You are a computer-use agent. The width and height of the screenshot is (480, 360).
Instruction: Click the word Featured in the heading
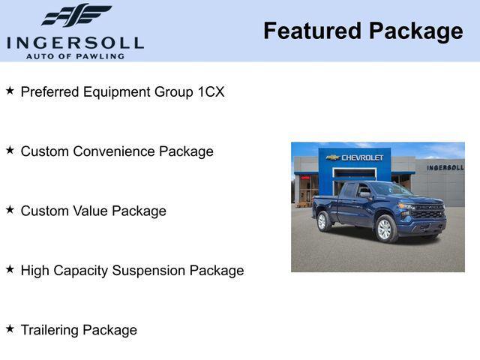[312, 31]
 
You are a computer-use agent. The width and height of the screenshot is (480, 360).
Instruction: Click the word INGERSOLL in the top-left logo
[75, 42]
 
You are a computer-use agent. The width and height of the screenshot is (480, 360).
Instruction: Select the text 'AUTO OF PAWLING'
[75, 56]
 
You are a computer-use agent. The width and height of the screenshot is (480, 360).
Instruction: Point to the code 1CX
[211, 92]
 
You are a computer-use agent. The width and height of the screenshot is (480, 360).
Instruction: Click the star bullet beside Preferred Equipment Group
[10, 91]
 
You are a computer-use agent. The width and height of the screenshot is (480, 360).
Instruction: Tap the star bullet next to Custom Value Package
[10, 210]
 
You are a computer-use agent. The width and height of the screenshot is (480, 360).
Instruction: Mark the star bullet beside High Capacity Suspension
[10, 269]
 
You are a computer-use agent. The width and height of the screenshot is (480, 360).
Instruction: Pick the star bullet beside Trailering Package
[10, 328]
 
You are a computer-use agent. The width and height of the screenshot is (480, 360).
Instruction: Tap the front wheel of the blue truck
[385, 229]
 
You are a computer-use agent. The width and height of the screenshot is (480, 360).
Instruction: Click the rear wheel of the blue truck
[323, 221]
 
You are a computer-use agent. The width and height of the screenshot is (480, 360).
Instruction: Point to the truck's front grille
[429, 212]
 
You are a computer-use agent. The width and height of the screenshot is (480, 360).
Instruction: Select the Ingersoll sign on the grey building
[445, 167]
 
